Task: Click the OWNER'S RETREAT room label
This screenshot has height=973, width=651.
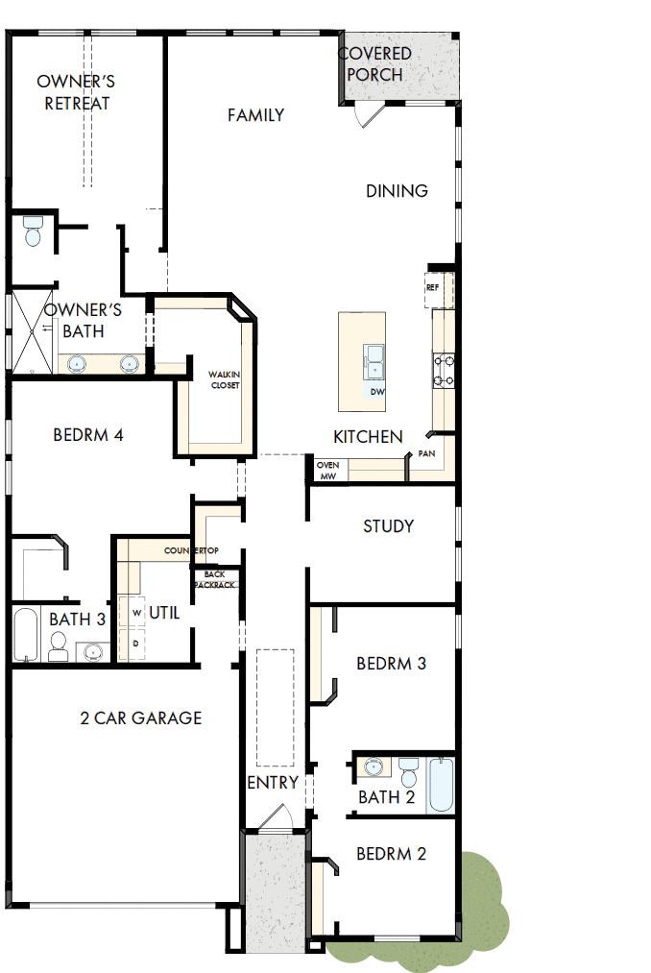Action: pyautogui.click(x=76, y=92)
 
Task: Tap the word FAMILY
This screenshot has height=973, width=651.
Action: pyautogui.click(x=255, y=115)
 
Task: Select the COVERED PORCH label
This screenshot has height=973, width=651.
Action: pyautogui.click(x=375, y=63)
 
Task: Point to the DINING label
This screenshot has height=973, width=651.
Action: pyautogui.click(x=397, y=191)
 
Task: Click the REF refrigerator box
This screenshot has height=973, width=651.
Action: pyautogui.click(x=433, y=287)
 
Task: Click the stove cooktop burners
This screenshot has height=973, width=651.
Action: pyautogui.click(x=444, y=371)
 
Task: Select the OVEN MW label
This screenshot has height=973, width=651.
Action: pyautogui.click(x=327, y=470)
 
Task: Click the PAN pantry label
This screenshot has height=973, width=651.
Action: pyautogui.click(x=426, y=452)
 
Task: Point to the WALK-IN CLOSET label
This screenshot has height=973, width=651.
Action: pyautogui.click(x=225, y=379)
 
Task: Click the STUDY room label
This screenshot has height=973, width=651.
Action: pyautogui.click(x=388, y=526)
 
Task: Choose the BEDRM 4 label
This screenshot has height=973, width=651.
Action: pyautogui.click(x=87, y=435)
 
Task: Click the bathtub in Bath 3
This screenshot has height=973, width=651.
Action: pyautogui.click(x=26, y=634)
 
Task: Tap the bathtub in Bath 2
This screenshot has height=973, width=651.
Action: pyautogui.click(x=442, y=785)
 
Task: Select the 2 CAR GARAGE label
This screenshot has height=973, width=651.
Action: pyautogui.click(x=140, y=718)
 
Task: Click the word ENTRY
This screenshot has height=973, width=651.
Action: pyautogui.click(x=273, y=783)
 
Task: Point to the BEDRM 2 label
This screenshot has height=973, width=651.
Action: pyautogui.click(x=391, y=854)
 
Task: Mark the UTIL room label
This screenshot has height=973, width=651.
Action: pyautogui.click(x=164, y=612)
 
